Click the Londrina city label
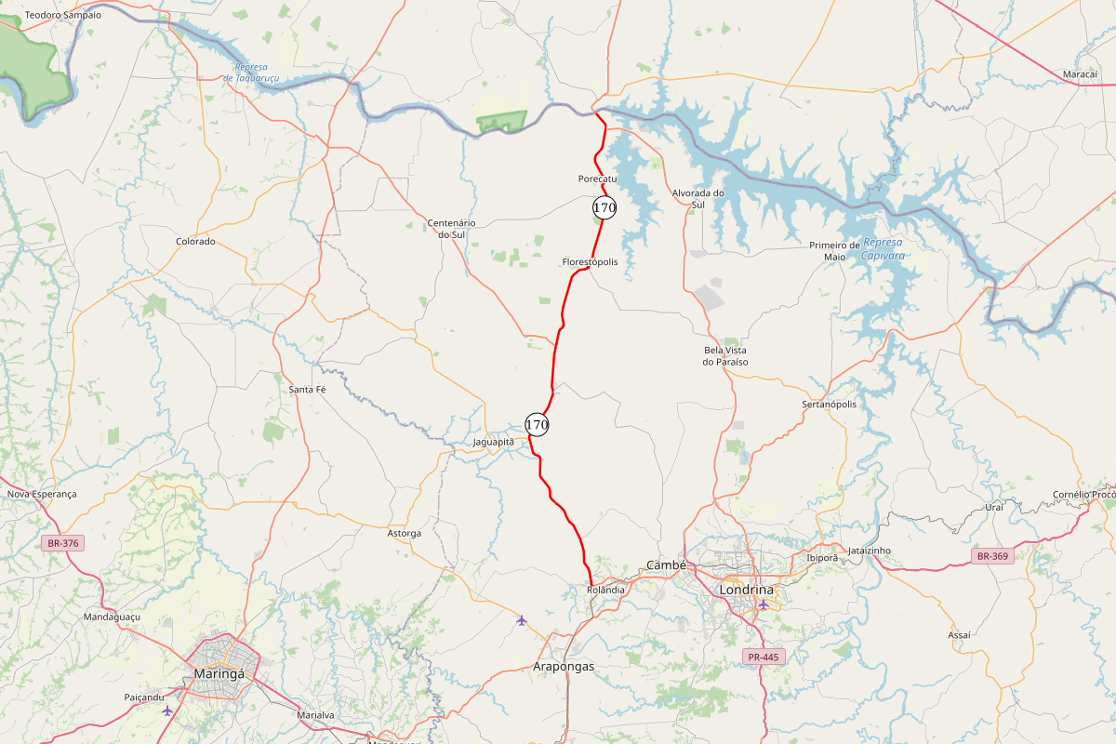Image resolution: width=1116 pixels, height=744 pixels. point(746,590)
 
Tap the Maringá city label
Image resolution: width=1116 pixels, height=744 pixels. point(219,673)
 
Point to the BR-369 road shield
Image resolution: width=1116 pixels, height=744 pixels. point(992,556)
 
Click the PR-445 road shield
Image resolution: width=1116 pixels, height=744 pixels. point(764,657)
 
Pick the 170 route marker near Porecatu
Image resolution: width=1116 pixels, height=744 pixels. point(604,207)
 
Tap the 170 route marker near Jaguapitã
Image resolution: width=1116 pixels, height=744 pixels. point(537,424)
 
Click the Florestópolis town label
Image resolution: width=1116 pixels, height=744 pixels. point(590,262)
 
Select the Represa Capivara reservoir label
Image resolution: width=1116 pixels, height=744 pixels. point(883,248)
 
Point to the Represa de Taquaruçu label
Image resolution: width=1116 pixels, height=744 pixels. point(251,73)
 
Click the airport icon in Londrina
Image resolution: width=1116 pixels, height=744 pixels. point(763,604)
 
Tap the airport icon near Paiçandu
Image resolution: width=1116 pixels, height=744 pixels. point(167,711)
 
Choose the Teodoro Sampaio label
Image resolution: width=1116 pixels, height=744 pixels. point(63,15)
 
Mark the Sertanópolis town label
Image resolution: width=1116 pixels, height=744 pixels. point(829,405)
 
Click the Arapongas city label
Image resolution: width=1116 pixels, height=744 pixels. point(563,667)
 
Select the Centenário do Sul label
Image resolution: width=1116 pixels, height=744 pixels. point(451,229)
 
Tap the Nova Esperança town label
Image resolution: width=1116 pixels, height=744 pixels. point(42,494)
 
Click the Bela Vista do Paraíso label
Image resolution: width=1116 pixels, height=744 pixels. point(725,355)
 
